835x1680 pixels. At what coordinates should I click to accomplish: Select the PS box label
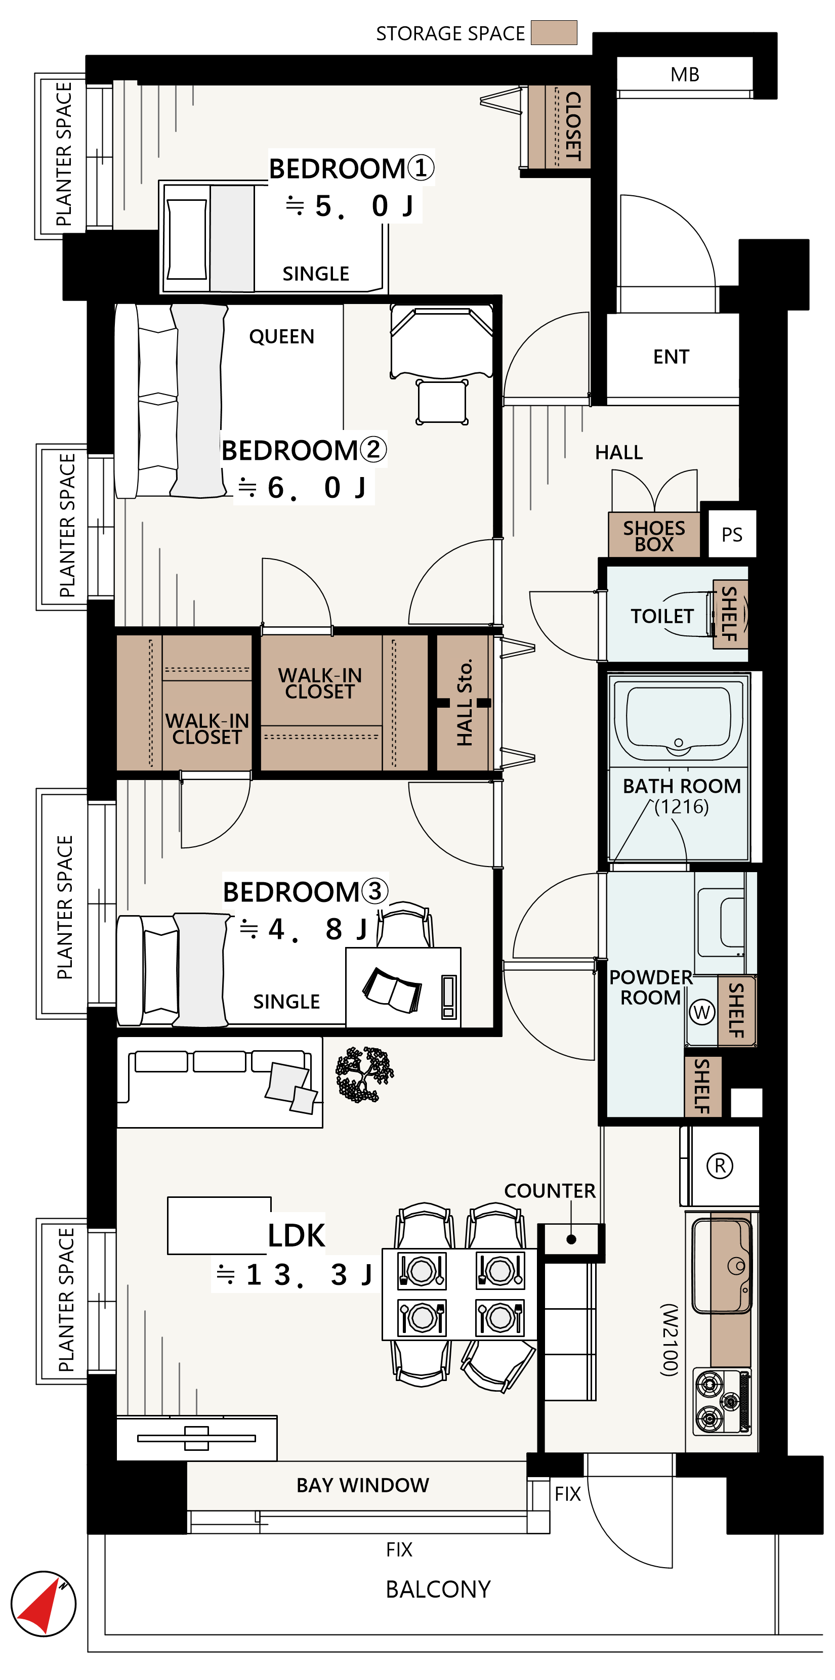coord(731,535)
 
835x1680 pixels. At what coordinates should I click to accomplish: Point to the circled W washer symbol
coord(702,1012)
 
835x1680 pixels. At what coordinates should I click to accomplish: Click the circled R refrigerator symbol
coord(720,1166)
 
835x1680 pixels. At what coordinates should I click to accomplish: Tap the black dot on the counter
coord(571,1239)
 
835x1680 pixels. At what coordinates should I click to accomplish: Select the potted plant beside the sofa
coord(364,1074)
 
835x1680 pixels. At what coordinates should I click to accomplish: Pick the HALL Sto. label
coord(464,702)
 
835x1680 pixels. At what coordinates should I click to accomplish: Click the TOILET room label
coord(661,616)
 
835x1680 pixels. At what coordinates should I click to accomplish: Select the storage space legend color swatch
coord(554,32)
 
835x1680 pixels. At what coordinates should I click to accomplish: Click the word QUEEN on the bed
coord(282,336)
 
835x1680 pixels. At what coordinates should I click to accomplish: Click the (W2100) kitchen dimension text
coord(670,1340)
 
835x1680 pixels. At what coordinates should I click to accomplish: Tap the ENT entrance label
coord(671,357)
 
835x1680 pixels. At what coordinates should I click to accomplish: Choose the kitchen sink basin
coord(722,1265)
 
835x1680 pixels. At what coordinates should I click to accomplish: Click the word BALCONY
coord(438,1589)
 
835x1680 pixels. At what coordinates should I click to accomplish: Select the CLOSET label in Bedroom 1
coord(573,126)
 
